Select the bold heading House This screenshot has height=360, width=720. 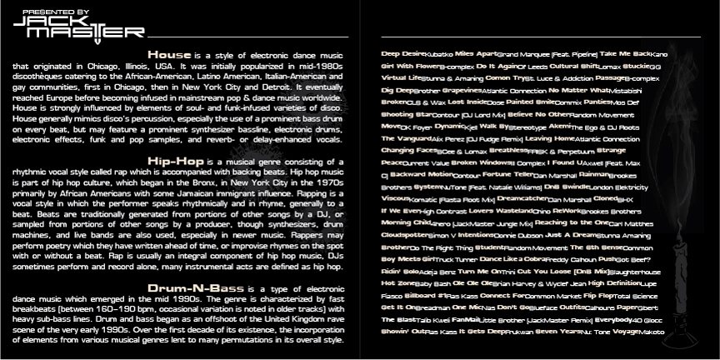click(x=170, y=54)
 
